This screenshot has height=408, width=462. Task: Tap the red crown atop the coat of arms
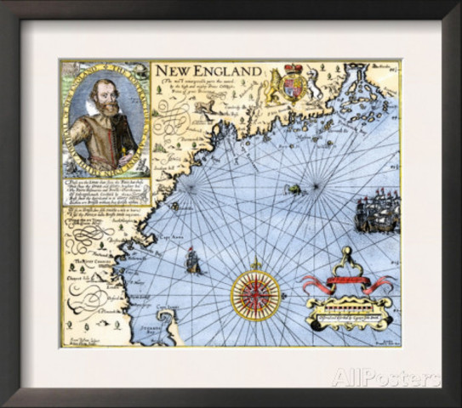[294, 68]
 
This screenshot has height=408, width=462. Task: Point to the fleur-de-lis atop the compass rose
[255, 263]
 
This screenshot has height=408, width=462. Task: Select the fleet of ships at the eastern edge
[376, 213]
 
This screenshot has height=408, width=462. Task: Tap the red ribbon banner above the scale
[345, 281]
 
